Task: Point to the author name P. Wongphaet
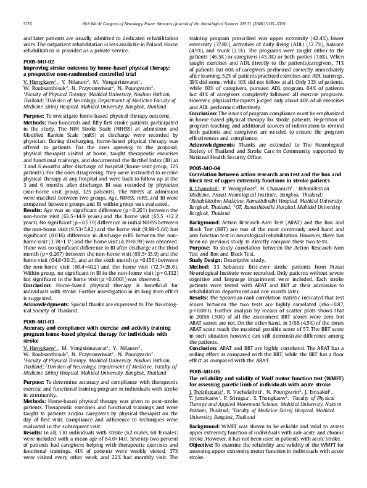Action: (x=241, y=169)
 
